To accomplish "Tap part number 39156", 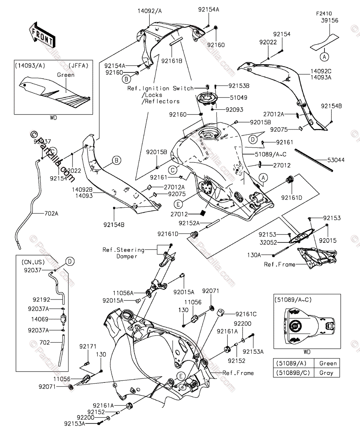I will tap(329, 21).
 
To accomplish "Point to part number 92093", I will tap(234, 109).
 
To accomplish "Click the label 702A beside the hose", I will tap(51, 214).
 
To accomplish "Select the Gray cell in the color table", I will tap(328, 372).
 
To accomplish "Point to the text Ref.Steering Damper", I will tap(123, 253).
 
